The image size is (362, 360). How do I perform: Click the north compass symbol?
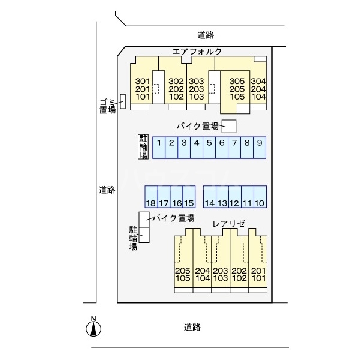click(93, 328)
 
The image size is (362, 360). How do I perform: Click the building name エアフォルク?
click(197, 52)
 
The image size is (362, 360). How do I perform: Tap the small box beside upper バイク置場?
click(230, 126)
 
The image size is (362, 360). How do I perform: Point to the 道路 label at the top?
click(206, 35)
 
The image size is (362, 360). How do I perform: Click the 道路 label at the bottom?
click(192, 327)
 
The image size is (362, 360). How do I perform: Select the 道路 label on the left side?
click(107, 190)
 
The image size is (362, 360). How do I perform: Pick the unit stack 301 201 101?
click(142, 89)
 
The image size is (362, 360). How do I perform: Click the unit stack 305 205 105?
click(237, 89)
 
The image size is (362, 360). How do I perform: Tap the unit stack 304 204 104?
click(258, 89)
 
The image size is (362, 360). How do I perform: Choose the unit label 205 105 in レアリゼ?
click(183, 274)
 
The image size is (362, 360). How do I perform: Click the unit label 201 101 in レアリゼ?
click(258, 274)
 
